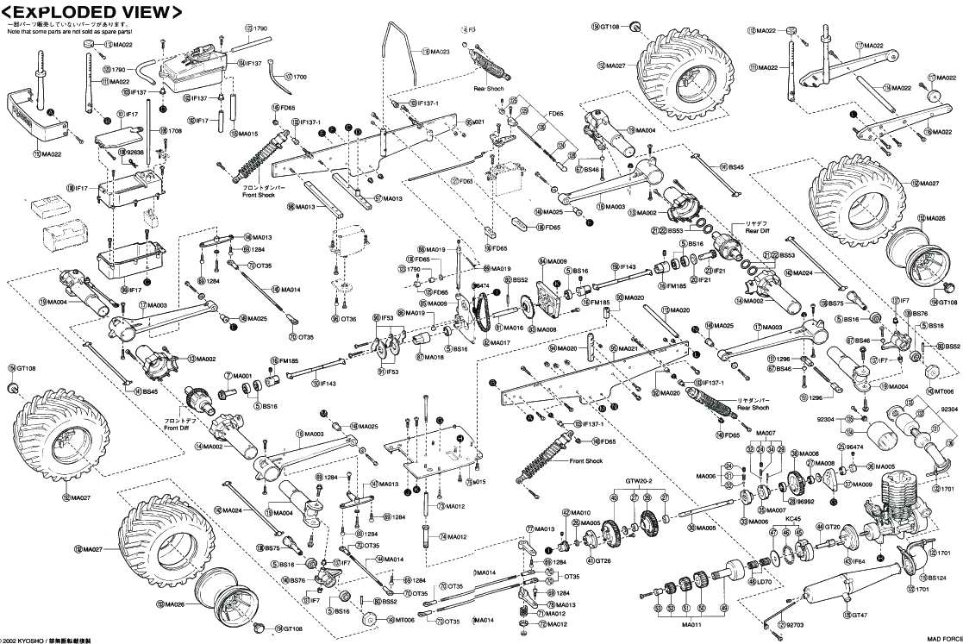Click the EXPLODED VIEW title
[x=92, y=12]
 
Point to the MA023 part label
[x=439, y=53]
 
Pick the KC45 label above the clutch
[x=793, y=520]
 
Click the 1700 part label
[x=299, y=77]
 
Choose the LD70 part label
[x=765, y=582]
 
